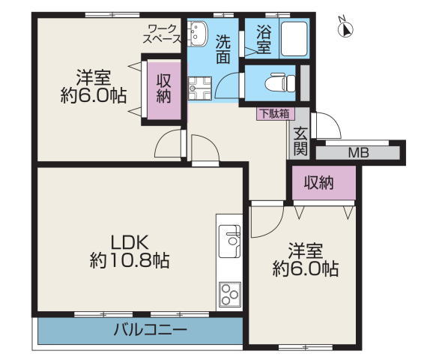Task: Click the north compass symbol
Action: point(345,28)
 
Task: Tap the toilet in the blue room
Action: point(280,82)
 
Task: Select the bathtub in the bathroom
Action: point(294,39)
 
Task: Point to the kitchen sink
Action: point(229,241)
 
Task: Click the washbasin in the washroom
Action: point(198,34)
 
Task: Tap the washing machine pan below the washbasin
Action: point(199,88)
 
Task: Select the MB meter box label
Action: point(358,153)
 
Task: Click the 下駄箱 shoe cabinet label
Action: point(275,114)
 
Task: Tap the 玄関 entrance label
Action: point(300,141)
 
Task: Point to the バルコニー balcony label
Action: point(151,330)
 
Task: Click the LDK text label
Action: point(130,242)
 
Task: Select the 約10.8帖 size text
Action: point(130,261)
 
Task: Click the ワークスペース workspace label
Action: point(162,34)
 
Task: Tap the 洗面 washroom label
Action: point(223,49)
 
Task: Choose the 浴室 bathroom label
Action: point(264,39)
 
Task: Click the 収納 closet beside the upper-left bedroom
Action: point(164,88)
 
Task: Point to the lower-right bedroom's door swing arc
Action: point(275,228)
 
